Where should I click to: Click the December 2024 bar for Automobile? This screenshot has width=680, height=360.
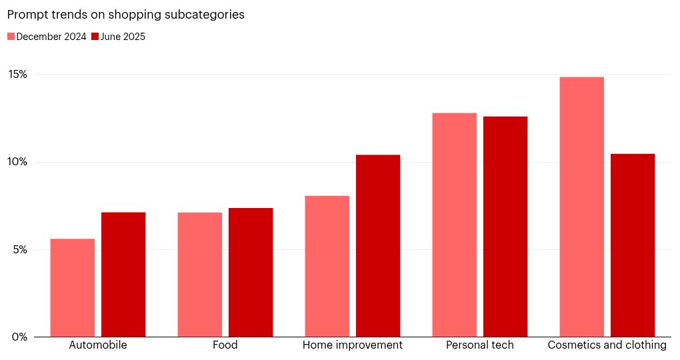72,287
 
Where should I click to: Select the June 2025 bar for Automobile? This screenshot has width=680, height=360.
123,274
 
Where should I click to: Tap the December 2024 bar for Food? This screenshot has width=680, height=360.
199,274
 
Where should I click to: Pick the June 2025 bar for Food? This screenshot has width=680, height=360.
251,272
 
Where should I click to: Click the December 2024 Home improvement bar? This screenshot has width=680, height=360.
327,266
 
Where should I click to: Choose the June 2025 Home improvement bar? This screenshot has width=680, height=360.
378,245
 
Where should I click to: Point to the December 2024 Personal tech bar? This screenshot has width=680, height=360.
454,225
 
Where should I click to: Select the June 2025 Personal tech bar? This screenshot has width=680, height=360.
505,227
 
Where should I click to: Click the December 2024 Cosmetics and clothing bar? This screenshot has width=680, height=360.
581,207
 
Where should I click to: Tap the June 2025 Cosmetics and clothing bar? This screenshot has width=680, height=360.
633,245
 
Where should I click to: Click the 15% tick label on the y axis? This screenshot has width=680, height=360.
18,74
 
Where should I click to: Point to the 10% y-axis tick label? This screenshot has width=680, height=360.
18,162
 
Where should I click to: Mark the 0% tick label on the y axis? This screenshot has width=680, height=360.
19,337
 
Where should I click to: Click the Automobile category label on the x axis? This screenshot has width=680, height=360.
98,345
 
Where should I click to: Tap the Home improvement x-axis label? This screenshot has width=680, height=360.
352,345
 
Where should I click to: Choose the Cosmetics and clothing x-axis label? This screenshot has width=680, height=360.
607,345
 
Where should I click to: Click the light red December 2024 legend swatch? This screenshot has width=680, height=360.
11,37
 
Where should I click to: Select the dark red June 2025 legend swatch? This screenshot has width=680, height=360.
95,37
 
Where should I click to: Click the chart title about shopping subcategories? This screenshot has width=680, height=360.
125,15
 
